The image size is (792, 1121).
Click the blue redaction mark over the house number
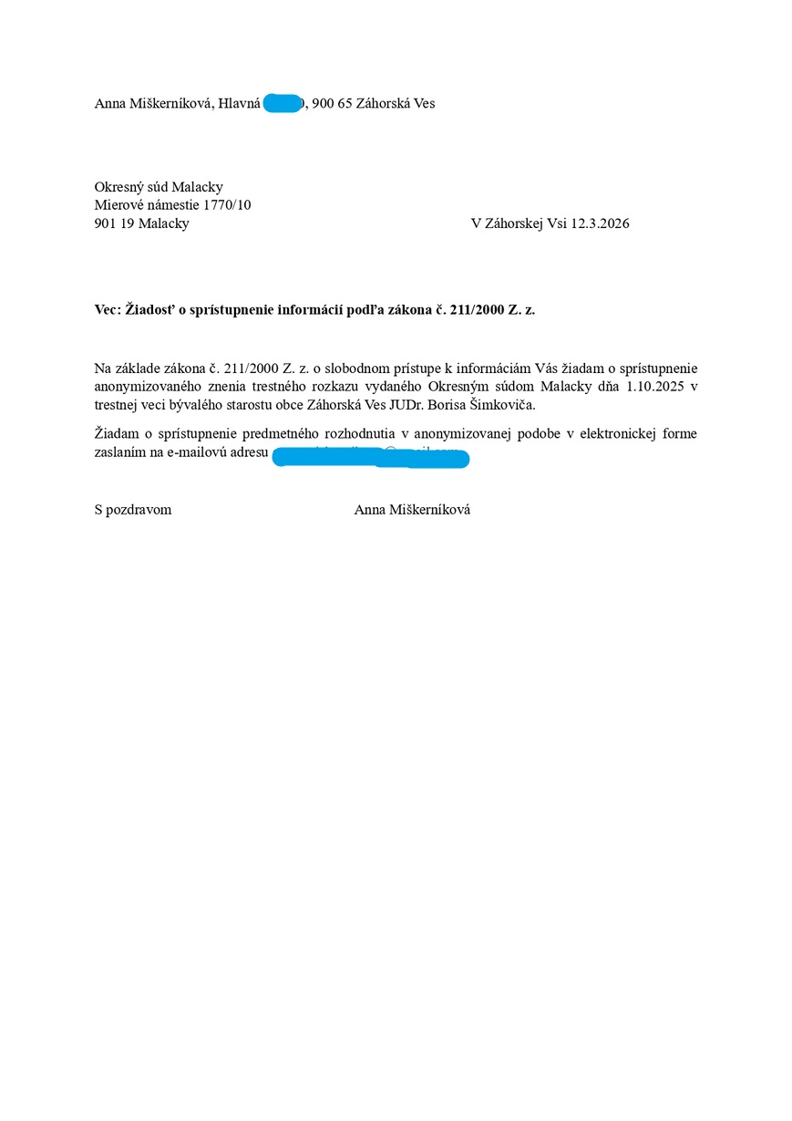tap(282, 103)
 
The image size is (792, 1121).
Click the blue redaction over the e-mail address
tap(370, 457)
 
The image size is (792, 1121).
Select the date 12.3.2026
tap(600, 223)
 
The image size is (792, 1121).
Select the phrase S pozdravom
tap(133, 510)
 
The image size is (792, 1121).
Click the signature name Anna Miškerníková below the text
tap(412, 510)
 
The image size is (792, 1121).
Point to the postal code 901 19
tap(114, 223)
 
